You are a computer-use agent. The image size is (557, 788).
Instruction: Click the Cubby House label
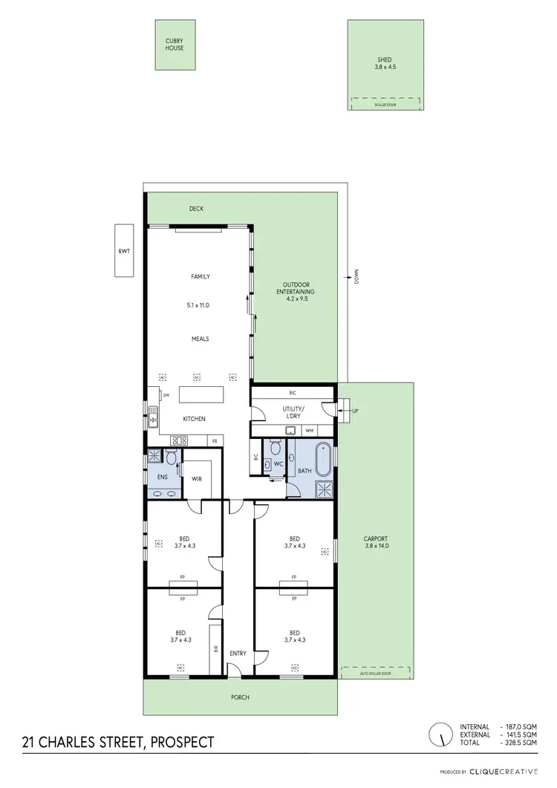[x=175, y=44]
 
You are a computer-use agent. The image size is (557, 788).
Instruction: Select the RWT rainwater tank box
[x=123, y=251]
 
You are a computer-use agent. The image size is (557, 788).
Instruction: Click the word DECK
[x=196, y=209]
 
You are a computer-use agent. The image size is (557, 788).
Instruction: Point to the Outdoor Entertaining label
[x=297, y=288]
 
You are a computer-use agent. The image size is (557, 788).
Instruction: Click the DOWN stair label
[x=356, y=277]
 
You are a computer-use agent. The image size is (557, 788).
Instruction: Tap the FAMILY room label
[x=201, y=276]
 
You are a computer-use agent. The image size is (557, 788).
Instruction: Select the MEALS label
[x=201, y=339]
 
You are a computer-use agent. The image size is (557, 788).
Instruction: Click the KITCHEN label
[x=194, y=419]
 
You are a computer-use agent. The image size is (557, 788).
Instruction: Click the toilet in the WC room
[x=276, y=449]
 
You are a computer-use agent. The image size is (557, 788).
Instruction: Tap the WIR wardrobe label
[x=197, y=479]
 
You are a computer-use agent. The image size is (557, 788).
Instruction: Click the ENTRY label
[x=238, y=653]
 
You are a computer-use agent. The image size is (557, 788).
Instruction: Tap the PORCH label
[x=239, y=697]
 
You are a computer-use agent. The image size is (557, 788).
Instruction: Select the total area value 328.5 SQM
[x=524, y=743]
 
